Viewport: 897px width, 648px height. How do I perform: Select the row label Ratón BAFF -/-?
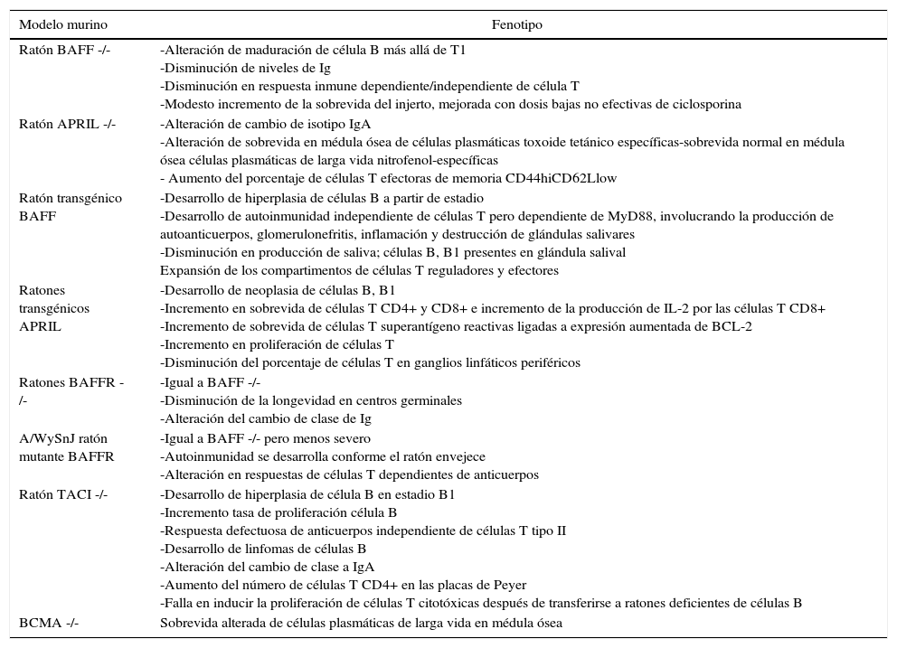point(64,51)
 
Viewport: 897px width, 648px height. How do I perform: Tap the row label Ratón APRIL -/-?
point(67,124)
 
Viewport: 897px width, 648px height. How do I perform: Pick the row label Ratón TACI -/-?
point(63,494)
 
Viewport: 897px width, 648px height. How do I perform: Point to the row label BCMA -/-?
point(49,623)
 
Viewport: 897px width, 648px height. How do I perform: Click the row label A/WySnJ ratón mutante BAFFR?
point(67,447)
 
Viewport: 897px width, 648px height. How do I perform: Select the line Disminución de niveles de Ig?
point(245,69)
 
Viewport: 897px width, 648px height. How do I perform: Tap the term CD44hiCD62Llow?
point(571,179)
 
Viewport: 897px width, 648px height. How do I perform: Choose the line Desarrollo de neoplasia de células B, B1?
point(278,291)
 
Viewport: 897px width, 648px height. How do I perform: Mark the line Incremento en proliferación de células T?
point(277,345)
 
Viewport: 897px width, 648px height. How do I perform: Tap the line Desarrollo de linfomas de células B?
point(263,549)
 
